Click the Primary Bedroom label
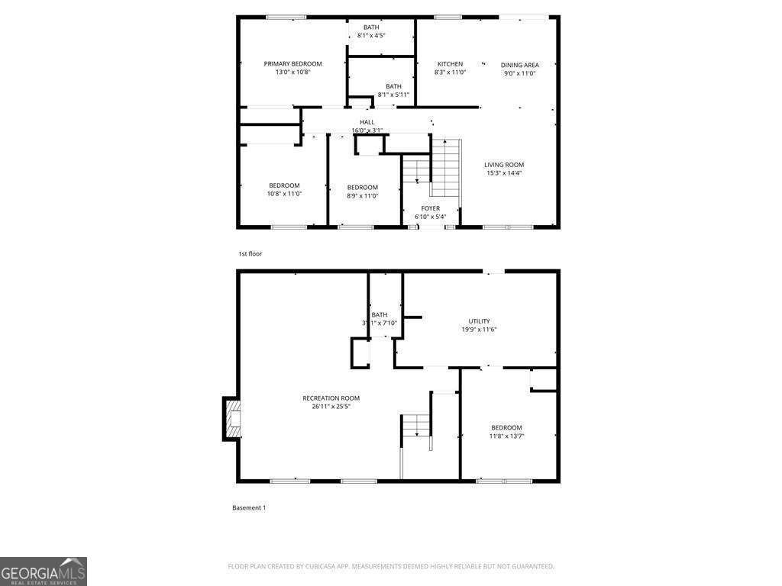292,64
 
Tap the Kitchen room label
450,64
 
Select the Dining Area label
519,65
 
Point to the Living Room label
504,165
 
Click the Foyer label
430,208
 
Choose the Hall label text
367,122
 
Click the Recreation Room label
331,398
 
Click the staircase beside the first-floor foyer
445,168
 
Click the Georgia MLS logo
44,572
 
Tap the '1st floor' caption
250,253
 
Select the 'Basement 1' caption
249,507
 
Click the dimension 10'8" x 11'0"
284,194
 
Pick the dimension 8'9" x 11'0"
362,196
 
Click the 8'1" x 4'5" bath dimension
371,35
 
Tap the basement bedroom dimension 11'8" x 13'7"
506,436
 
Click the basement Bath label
380,314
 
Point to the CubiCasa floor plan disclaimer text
391,566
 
